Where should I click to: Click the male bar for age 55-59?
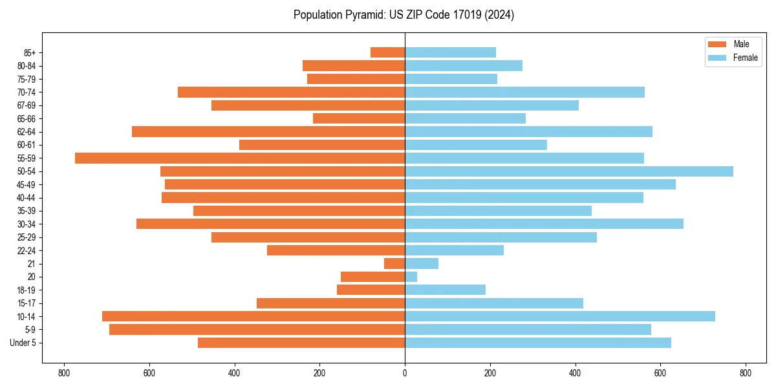239,158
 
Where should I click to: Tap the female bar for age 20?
411,277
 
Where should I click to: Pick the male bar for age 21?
394,263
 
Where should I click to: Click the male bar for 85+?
387,52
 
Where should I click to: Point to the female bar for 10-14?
560,316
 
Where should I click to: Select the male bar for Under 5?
301,343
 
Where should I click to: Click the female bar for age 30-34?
544,224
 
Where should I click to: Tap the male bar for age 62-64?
268,131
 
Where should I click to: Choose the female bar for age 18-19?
445,290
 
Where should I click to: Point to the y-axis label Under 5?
23,343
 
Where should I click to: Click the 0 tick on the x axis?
405,373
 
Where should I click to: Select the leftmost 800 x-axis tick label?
64,373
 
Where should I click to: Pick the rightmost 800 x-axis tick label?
746,373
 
